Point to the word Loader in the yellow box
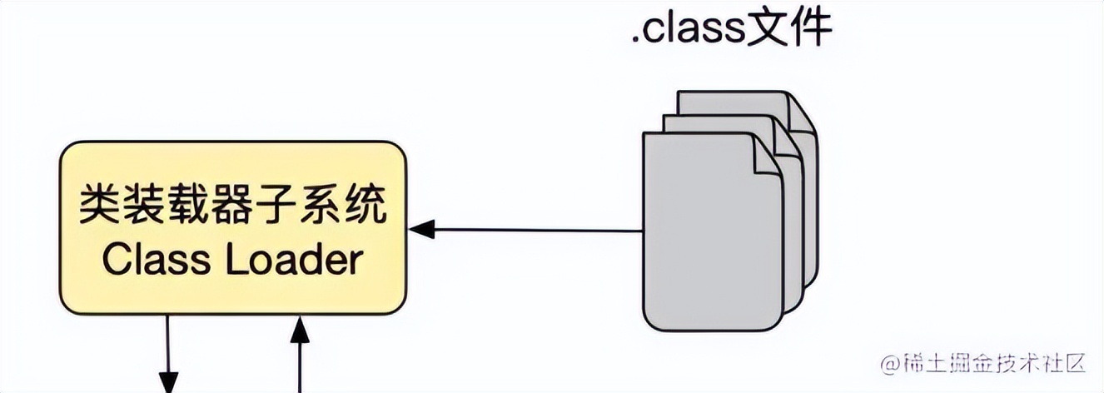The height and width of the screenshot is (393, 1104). [295, 261]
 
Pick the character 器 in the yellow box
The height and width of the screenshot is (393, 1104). [231, 204]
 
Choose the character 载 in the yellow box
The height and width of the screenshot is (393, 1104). [187, 204]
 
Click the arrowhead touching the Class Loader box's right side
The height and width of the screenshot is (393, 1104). [421, 229]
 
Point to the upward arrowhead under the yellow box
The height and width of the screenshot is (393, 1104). [299, 328]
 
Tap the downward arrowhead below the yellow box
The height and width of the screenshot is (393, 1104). [169, 384]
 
